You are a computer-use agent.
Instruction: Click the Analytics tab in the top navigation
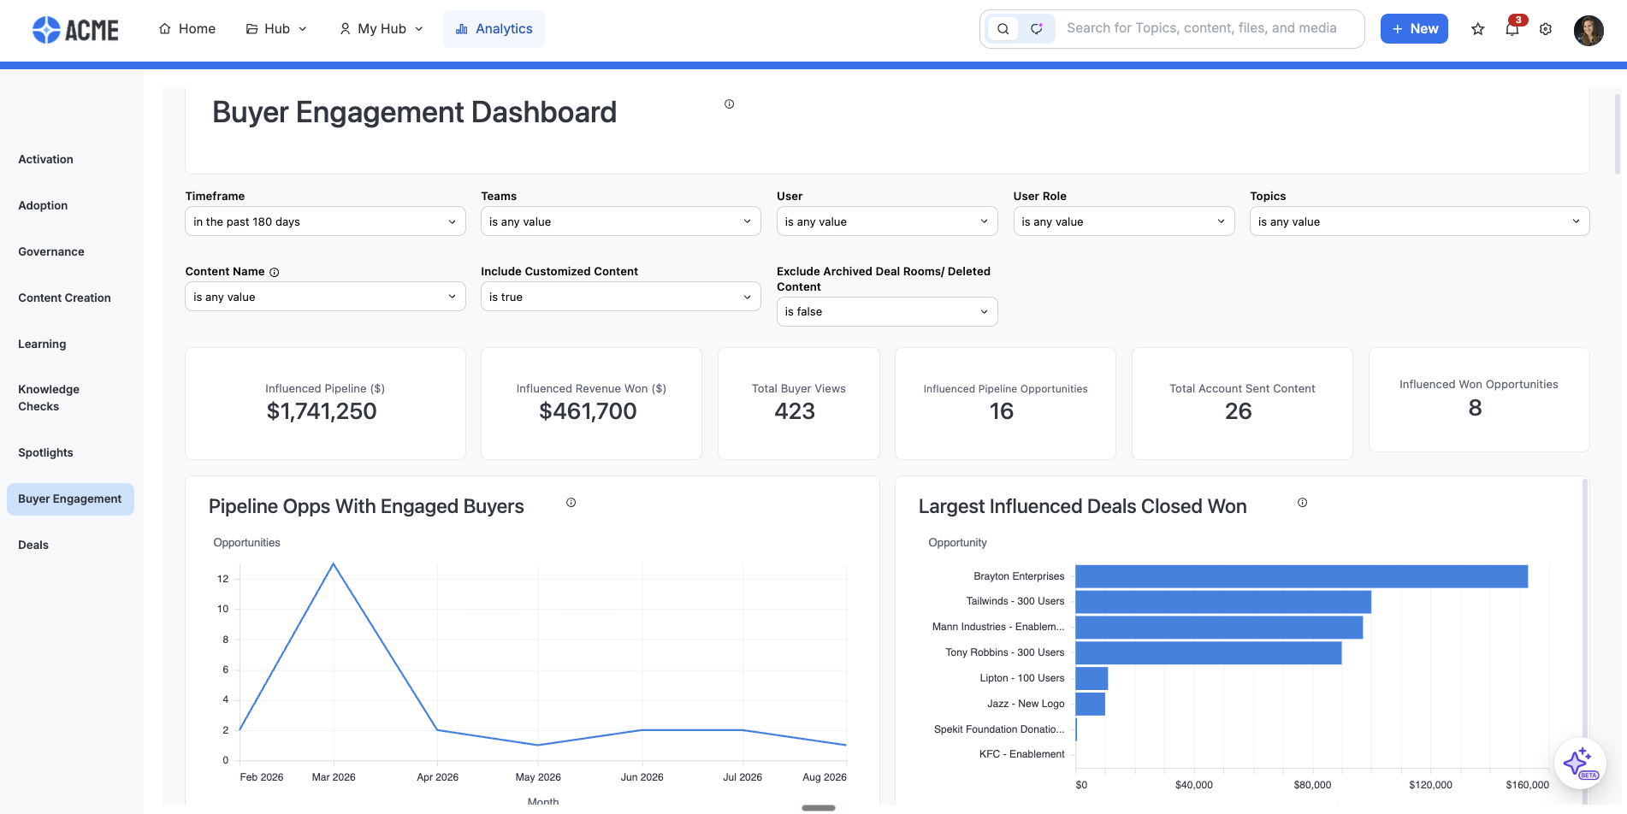click(x=494, y=29)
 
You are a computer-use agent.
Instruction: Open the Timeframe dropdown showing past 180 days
click(x=325, y=221)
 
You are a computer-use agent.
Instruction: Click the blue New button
click(x=1414, y=29)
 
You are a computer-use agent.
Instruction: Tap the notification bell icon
click(x=1512, y=29)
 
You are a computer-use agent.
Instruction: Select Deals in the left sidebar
click(x=33, y=545)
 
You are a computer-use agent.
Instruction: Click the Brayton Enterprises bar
click(x=1301, y=576)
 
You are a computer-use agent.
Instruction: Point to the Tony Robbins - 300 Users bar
click(x=1208, y=652)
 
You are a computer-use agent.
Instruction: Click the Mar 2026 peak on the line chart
click(x=334, y=564)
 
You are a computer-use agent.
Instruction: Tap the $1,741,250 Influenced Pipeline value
click(x=322, y=411)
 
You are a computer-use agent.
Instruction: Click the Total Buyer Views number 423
click(x=795, y=411)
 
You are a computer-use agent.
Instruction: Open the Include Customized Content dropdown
click(x=620, y=297)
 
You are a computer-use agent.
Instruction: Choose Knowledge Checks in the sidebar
click(x=49, y=398)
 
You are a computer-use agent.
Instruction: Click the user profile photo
click(x=1589, y=30)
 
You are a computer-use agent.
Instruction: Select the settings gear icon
click(x=1546, y=29)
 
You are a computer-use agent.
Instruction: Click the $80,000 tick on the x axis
click(x=1312, y=785)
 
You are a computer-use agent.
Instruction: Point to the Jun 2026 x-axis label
click(x=642, y=777)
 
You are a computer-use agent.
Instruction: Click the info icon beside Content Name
click(x=275, y=272)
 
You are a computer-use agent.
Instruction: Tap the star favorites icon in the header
click(x=1477, y=29)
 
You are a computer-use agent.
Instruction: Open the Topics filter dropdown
click(x=1419, y=221)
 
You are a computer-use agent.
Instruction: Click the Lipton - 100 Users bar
click(x=1092, y=678)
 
